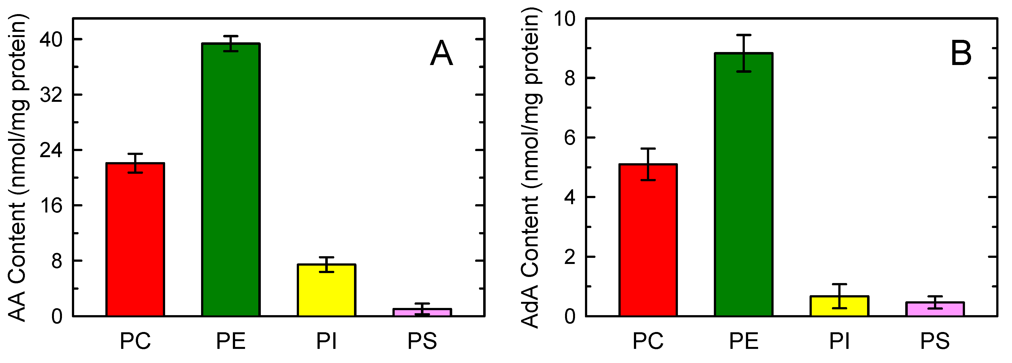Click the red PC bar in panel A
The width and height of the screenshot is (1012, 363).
pyautogui.click(x=135, y=240)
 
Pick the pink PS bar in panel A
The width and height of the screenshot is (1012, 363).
pyautogui.click(x=422, y=312)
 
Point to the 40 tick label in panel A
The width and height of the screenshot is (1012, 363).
pyautogui.click(x=51, y=40)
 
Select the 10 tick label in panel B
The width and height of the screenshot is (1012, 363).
pyautogui.click(x=564, y=19)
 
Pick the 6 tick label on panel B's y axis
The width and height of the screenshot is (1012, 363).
pyautogui.click(x=570, y=138)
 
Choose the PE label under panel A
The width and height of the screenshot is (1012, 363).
pyautogui.click(x=231, y=341)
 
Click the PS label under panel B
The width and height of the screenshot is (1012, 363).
pyautogui.click(x=935, y=341)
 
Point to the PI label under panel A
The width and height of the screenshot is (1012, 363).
pyautogui.click(x=326, y=341)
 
